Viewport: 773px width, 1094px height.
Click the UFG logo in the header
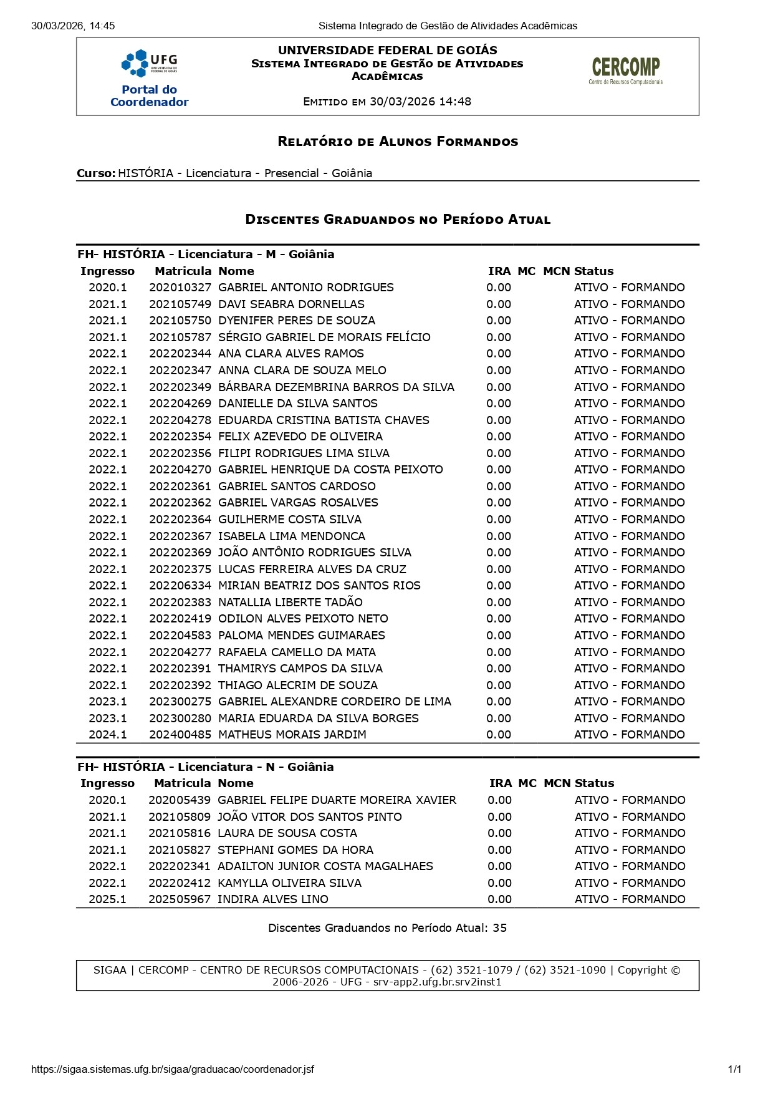[x=149, y=62]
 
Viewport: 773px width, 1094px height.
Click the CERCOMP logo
[x=625, y=70]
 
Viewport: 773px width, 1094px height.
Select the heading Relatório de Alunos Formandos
[x=398, y=142]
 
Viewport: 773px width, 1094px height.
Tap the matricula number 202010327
[x=180, y=288]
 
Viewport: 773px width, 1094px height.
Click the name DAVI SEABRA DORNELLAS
[x=291, y=304]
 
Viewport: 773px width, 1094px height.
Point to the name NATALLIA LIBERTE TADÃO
[x=290, y=603]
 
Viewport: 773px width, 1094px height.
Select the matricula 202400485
[x=180, y=735]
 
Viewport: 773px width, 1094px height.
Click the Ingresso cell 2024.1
[x=107, y=735]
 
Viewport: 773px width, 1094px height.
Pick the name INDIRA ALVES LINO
[x=272, y=899]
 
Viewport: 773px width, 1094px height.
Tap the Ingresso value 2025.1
[x=107, y=899]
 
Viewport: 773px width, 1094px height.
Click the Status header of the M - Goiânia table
[x=593, y=271]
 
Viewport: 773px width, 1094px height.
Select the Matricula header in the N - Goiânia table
[x=182, y=783]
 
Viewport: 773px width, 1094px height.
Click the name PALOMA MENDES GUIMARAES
[x=301, y=636]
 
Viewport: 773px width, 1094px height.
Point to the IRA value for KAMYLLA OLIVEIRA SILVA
[x=499, y=883]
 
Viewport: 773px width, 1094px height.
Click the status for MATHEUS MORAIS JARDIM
[x=629, y=735]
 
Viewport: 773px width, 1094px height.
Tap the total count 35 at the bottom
[x=499, y=928]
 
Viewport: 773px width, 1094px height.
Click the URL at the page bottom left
[x=172, y=1069]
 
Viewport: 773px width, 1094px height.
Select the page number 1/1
[x=734, y=1069]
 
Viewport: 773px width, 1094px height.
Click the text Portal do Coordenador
[x=149, y=96]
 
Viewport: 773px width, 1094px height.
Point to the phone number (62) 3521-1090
[x=565, y=970]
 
